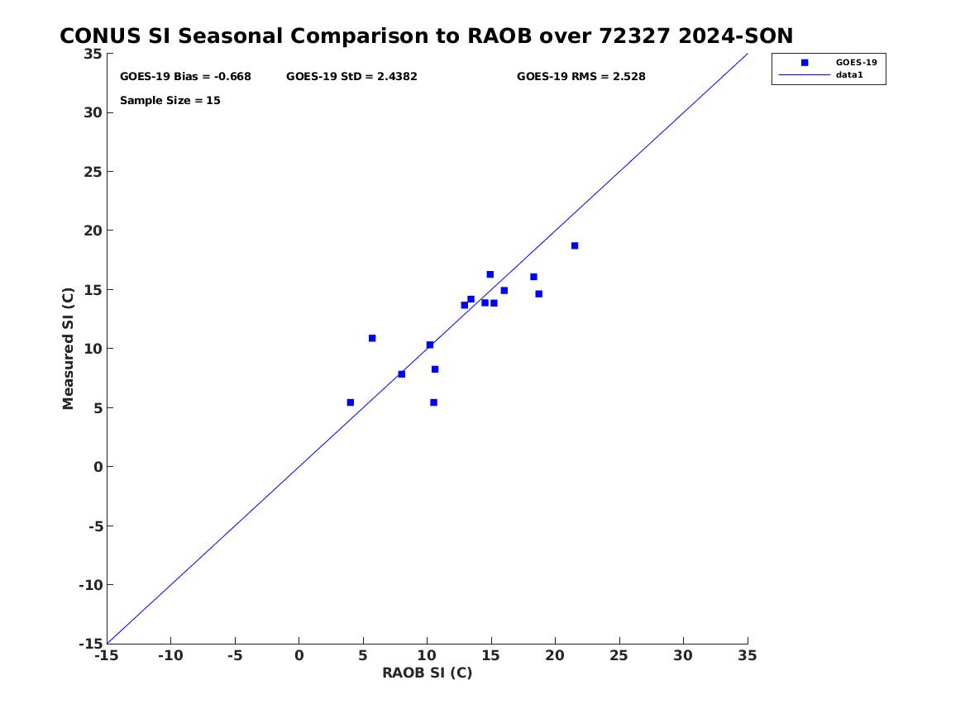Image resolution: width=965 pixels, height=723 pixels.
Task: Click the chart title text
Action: (426, 36)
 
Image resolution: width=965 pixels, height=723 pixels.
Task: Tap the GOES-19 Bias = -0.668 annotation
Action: (185, 77)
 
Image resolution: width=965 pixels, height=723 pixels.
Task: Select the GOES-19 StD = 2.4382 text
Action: (351, 77)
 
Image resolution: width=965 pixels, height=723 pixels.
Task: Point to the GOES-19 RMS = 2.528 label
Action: (580, 77)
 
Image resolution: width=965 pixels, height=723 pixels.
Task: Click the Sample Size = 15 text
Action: (170, 101)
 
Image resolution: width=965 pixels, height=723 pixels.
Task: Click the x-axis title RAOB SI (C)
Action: (427, 673)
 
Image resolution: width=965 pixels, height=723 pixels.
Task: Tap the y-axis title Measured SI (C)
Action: (69, 348)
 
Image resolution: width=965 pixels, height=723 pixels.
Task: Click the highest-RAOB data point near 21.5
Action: (575, 245)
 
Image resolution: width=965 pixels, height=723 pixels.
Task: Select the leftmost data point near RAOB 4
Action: (351, 402)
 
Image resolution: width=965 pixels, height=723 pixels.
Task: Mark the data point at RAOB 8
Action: (402, 374)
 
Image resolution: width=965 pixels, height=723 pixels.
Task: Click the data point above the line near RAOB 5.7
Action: (372, 338)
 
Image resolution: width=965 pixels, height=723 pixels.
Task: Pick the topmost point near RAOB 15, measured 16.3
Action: (490, 274)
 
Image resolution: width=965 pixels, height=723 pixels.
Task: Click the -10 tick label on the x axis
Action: (170, 655)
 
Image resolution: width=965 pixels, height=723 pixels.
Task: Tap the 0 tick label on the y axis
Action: (98, 467)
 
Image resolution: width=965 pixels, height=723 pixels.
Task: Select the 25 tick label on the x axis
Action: (619, 655)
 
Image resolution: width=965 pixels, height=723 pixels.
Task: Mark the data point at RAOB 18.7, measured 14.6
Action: (539, 294)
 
